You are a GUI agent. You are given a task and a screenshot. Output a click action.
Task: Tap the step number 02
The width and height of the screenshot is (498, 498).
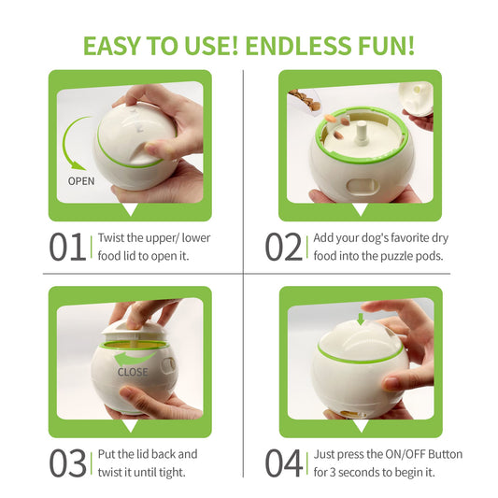point(284,247)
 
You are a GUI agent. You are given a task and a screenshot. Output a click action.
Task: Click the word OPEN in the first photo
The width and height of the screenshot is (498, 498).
point(82,181)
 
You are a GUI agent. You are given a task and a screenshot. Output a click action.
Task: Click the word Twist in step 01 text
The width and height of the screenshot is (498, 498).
point(113,237)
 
